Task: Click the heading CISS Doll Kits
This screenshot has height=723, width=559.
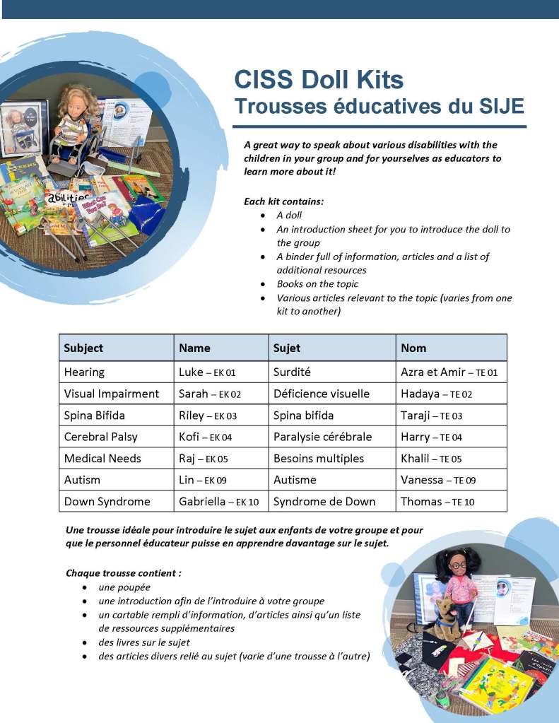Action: coord(319,78)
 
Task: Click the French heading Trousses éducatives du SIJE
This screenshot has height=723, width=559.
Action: coord(379,106)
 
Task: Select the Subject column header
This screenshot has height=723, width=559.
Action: coord(83,348)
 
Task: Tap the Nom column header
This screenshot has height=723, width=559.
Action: coord(413,348)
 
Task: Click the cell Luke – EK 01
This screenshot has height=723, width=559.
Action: coord(207,372)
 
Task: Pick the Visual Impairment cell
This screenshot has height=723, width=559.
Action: coord(112,394)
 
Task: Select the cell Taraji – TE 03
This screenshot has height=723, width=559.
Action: coord(431,416)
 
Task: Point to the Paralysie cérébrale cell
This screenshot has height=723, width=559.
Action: coord(322,437)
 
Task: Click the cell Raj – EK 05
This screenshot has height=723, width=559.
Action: coord(204,459)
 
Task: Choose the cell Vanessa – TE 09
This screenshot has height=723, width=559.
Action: coord(438,480)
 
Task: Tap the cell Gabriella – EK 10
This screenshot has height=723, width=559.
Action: coord(219,502)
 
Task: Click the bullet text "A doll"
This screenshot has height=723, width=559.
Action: coord(289,216)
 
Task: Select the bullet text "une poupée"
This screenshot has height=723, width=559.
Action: coord(124,587)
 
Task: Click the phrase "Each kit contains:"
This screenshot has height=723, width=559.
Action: coord(283,201)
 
